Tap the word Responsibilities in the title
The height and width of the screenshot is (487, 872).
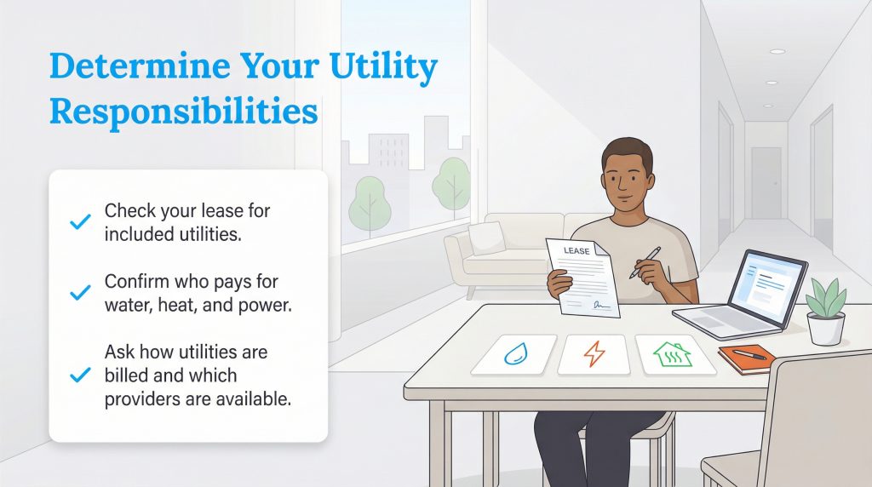(183, 112)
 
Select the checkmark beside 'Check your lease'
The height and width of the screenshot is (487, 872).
(79, 222)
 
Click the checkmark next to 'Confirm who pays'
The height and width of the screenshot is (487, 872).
(79, 293)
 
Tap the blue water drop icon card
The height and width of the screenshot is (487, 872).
(513, 353)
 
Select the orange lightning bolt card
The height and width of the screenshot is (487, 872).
(594, 353)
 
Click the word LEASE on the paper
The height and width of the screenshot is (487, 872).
(577, 251)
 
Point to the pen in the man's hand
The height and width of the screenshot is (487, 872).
(645, 262)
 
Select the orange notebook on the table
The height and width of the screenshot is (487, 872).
(746, 358)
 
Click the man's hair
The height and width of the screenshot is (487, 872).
(627, 154)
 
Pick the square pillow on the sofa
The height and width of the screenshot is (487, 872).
(486, 238)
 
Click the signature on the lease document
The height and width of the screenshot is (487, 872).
(601, 303)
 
